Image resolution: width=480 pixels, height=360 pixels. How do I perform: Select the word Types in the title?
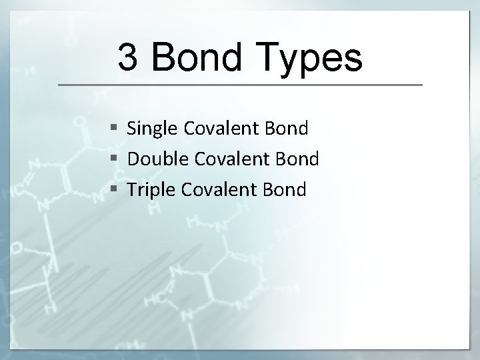tap(311, 58)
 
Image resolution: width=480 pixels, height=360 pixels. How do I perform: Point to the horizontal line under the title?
tap(240, 85)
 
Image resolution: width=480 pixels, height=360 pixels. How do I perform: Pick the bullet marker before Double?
tap(115, 159)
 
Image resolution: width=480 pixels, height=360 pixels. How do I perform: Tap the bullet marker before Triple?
tap(115, 190)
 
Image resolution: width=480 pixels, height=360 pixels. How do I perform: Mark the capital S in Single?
tap(132, 129)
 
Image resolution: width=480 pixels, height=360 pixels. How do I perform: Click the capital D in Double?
tap(133, 159)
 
